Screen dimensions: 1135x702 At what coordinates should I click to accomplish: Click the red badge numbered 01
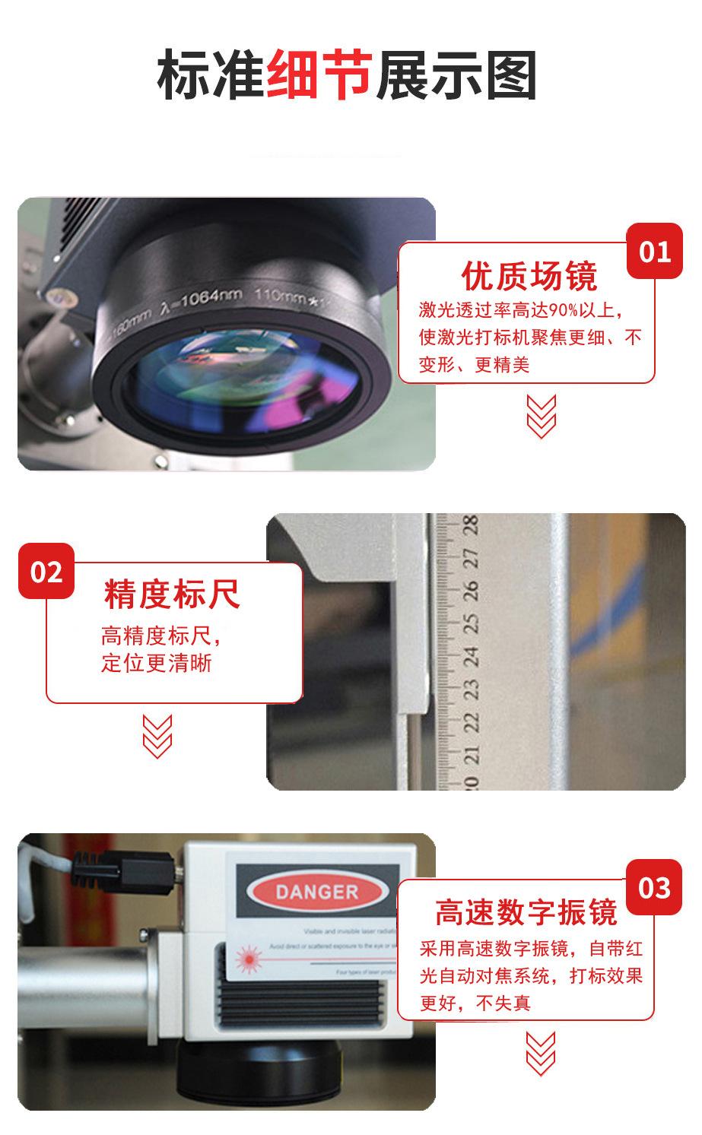point(655,251)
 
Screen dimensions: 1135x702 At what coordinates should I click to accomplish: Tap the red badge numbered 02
point(46,571)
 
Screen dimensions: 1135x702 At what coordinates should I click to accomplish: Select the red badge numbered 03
point(655,887)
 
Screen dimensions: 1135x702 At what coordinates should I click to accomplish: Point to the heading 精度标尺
point(173,594)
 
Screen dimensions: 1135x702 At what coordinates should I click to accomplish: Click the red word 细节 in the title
point(319,75)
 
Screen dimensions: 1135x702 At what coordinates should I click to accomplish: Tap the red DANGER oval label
point(316,892)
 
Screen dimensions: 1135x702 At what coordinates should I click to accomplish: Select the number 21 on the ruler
point(472,756)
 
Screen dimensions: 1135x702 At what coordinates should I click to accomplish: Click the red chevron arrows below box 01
point(541,416)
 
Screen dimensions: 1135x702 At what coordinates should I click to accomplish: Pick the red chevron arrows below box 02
point(157,736)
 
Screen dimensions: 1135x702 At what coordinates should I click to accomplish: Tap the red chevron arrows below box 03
point(541,1053)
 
